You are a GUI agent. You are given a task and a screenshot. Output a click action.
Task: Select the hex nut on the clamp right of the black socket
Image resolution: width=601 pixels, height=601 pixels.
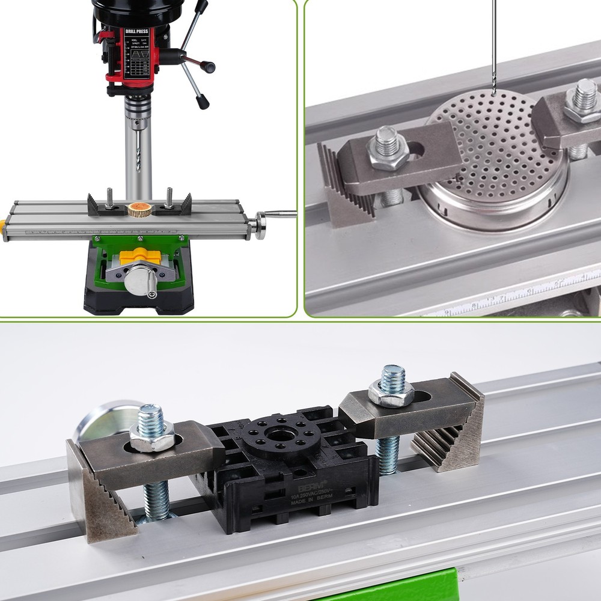click(x=391, y=392)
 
